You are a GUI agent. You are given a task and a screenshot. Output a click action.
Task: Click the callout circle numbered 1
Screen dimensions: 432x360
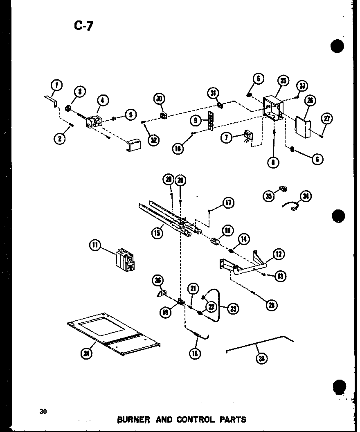click(56, 85)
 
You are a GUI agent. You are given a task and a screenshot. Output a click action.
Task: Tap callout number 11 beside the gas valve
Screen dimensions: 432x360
click(95, 245)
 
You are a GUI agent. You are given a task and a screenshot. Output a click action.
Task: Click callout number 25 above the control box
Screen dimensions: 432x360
click(283, 81)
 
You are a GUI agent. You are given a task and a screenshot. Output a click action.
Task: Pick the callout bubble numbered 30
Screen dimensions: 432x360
click(159, 99)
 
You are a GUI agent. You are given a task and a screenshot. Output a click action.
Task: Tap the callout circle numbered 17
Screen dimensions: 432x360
click(228, 202)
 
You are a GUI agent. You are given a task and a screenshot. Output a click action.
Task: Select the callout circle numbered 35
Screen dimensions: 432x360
click(269, 197)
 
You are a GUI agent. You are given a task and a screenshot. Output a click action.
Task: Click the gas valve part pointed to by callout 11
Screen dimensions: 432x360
click(126, 259)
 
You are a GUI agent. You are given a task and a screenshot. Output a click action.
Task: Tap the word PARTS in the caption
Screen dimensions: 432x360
click(233, 419)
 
